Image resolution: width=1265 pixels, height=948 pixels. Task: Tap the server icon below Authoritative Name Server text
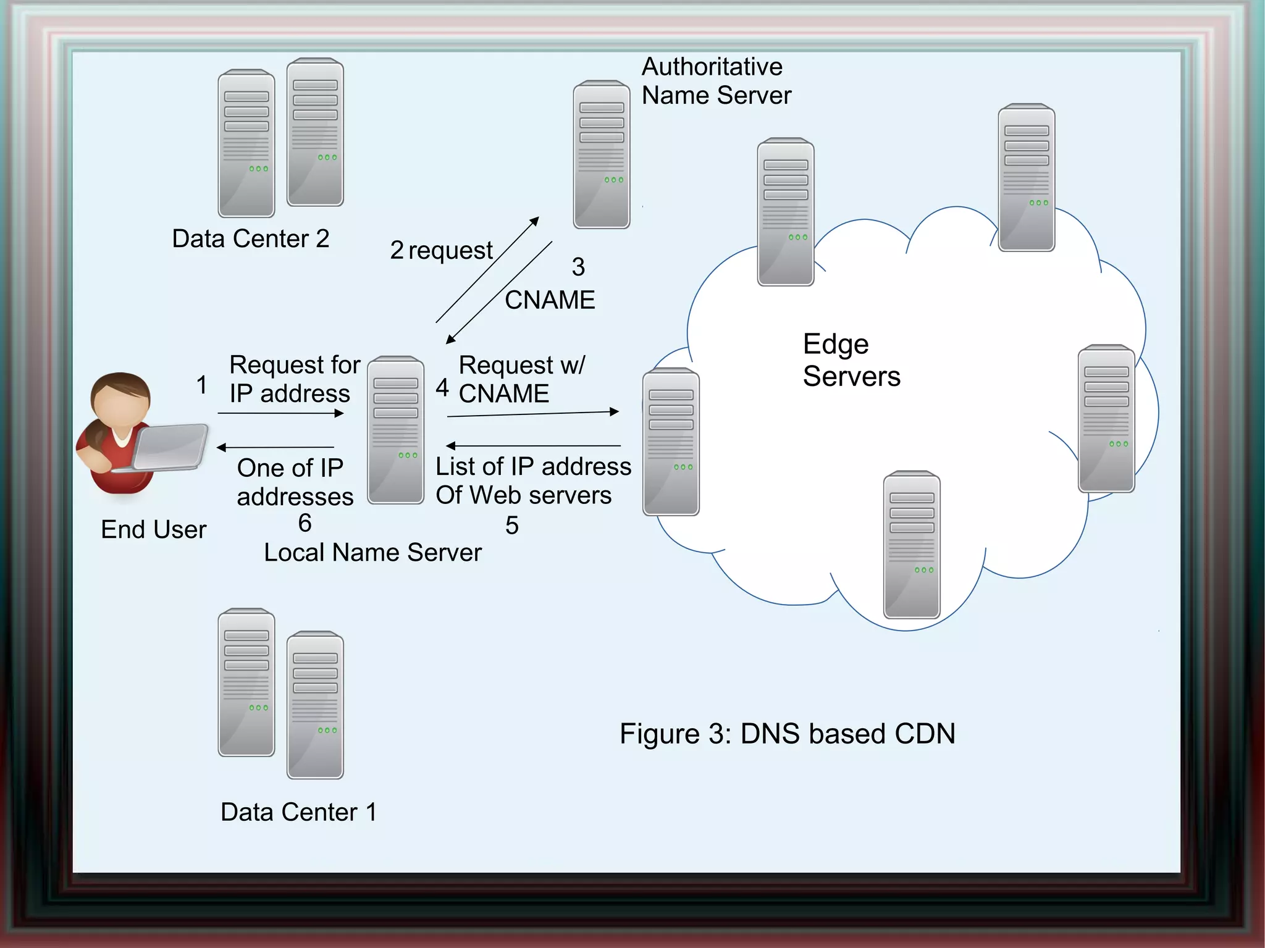(x=601, y=154)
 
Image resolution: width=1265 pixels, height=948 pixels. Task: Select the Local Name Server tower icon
(x=395, y=430)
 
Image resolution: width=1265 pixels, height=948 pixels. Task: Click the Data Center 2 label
(x=250, y=238)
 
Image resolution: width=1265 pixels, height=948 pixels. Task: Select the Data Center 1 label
(x=298, y=812)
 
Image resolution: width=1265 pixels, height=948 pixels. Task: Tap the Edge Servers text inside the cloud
(x=851, y=360)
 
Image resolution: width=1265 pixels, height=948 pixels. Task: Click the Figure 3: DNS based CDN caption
(x=787, y=734)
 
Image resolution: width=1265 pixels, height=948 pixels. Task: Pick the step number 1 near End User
(x=201, y=385)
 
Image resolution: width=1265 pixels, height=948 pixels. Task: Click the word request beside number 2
(x=450, y=251)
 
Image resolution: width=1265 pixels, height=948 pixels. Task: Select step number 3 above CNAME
(x=578, y=267)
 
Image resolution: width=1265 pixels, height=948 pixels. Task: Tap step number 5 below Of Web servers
(x=511, y=526)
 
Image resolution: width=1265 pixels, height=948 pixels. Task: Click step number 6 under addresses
(x=305, y=523)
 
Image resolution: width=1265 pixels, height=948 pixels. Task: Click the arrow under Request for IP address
(x=280, y=413)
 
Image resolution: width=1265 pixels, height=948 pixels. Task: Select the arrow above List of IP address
(x=532, y=445)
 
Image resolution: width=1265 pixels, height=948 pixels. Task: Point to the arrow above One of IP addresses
(x=275, y=447)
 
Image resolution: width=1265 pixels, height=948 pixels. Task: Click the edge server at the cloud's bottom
(x=911, y=545)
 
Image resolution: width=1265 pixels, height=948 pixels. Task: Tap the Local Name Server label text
(x=372, y=552)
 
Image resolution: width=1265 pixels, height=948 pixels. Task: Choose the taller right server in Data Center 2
(x=315, y=132)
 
